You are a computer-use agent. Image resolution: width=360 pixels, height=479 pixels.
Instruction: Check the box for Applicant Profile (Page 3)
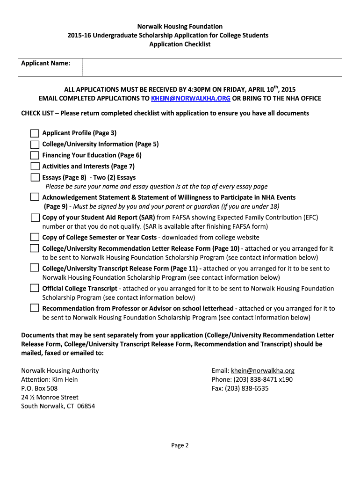[x=35, y=133]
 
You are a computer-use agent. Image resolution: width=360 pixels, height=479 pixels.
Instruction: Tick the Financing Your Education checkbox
[x=35, y=155]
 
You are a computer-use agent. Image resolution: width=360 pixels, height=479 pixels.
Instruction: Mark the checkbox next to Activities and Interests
[x=35, y=167]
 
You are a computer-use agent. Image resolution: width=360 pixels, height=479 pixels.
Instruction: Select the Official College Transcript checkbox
[x=35, y=288]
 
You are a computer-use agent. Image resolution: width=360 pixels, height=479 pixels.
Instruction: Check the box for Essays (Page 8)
[x=35, y=177]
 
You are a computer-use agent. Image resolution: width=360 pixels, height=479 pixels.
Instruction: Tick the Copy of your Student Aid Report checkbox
[x=35, y=218]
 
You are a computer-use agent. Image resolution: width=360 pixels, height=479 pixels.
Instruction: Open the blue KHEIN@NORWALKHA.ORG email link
[x=191, y=98]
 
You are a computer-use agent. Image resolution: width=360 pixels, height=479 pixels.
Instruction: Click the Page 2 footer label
[x=180, y=445]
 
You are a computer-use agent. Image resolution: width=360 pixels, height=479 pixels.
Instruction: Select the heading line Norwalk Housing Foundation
[x=180, y=27]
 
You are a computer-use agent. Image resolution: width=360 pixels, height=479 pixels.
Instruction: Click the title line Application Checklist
[x=180, y=44]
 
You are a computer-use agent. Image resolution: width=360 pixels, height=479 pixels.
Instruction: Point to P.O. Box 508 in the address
[x=39, y=388]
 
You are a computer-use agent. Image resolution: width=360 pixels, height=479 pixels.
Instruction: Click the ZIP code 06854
[x=86, y=406]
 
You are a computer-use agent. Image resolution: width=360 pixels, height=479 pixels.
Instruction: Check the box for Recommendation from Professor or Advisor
[x=35, y=308]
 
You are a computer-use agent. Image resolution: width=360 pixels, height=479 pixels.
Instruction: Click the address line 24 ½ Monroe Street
[x=50, y=397]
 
